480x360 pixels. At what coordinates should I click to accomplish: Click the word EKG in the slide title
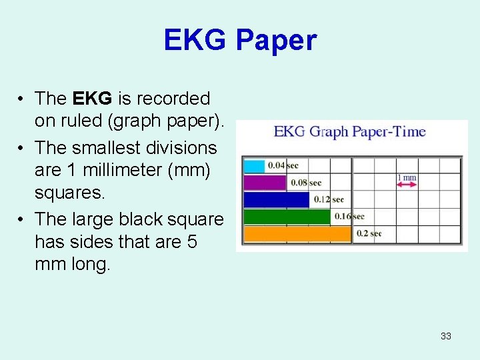pos(196,41)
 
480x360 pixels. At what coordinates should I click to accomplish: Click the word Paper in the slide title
pos(276,41)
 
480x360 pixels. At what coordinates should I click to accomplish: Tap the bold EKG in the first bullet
pos(93,99)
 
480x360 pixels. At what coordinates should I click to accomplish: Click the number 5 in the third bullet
pos(192,241)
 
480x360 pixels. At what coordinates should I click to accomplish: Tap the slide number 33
pos(445,336)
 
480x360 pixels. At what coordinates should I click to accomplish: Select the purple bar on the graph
pos(265,183)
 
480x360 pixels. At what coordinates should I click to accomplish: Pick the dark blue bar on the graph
pos(276,199)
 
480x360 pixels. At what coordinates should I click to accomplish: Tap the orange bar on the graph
pos(297,233)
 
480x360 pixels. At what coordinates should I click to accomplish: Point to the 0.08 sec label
pos(305,183)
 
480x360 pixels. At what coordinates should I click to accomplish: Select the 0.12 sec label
pos(329,199)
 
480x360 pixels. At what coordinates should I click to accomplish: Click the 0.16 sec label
pos(349,216)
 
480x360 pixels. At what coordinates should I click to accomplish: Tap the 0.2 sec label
pos(369,233)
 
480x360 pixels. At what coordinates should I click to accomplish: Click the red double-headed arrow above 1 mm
pos(407,184)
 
